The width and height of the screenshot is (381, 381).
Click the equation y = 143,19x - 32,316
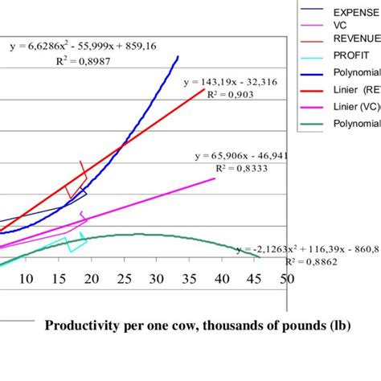pyautogui.click(x=230, y=82)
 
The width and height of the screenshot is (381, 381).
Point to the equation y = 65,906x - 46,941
pyautogui.click(x=241, y=156)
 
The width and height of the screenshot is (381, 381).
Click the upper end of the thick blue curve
pyautogui.click(x=178, y=57)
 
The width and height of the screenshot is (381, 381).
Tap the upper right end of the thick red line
pyautogui.click(x=204, y=88)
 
